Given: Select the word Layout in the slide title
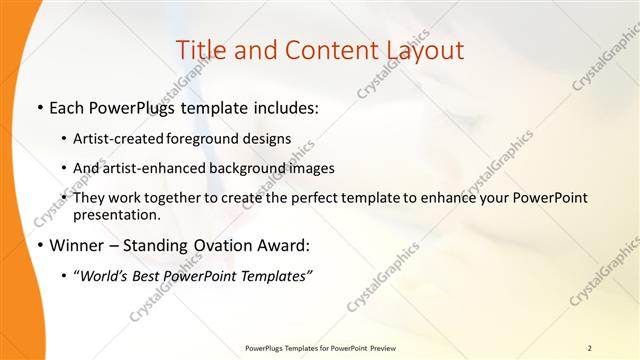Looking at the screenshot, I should tap(420, 50).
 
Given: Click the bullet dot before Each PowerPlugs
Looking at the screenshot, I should tap(38, 108).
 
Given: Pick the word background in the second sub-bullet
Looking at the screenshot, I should tap(237, 168).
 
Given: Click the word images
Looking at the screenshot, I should tap(307, 168).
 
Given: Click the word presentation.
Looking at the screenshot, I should tap(117, 214).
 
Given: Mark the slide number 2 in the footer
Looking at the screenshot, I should tap(590, 348).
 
